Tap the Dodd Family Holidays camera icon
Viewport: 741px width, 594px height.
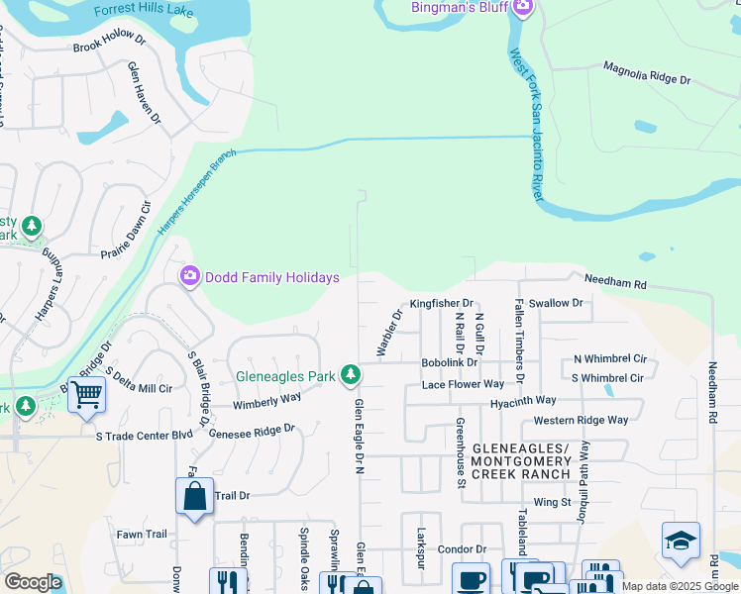189,277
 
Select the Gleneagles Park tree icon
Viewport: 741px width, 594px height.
349,375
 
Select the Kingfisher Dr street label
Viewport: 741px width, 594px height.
442,303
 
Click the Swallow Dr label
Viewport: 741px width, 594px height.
556,303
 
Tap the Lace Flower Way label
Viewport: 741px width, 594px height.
463,384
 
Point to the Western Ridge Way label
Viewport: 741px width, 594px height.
581,420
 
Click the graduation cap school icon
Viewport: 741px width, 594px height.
681,541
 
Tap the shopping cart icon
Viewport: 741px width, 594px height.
86,395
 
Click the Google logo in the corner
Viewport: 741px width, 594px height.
33,582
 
